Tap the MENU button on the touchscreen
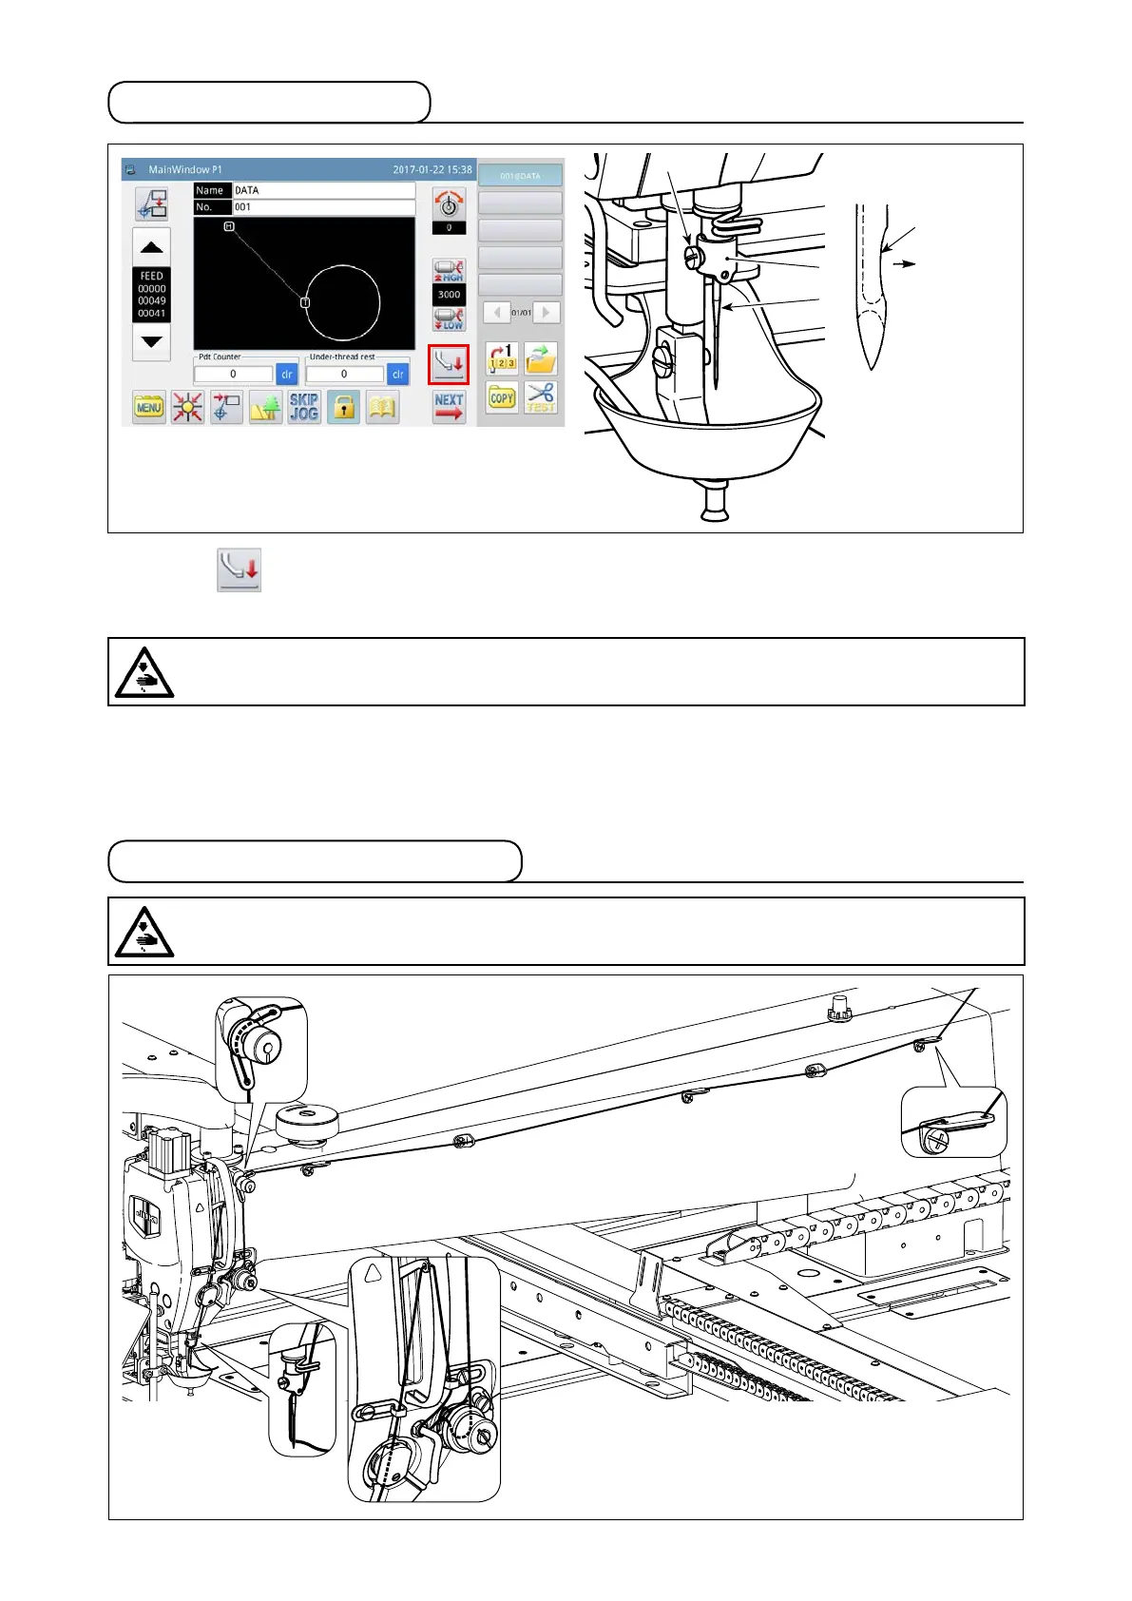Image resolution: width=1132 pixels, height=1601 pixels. [x=149, y=408]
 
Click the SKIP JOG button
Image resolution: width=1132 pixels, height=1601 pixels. [x=304, y=407]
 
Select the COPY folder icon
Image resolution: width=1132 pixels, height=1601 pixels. [x=502, y=398]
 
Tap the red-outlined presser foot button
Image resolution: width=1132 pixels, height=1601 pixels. [x=449, y=364]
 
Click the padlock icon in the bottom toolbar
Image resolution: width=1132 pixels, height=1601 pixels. [x=344, y=408]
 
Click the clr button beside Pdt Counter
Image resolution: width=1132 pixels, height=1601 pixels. [x=287, y=375]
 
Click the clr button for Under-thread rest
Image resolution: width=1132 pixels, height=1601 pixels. [x=398, y=375]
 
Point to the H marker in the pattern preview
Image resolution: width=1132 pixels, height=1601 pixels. [x=229, y=226]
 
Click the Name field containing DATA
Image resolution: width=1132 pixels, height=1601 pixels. [x=323, y=190]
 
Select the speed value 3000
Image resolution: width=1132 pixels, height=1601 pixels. [x=450, y=295]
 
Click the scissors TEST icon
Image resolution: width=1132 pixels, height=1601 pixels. [x=541, y=397]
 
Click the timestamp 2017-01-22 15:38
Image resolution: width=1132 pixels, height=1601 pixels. [x=432, y=170]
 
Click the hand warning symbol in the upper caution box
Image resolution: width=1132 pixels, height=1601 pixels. [x=144, y=672]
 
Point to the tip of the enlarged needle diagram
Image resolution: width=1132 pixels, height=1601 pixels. [x=872, y=366]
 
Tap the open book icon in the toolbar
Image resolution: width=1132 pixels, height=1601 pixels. [x=382, y=408]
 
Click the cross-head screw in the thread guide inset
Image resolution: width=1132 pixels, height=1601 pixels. [x=935, y=1139]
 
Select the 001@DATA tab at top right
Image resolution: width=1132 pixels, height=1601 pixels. [x=520, y=176]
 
